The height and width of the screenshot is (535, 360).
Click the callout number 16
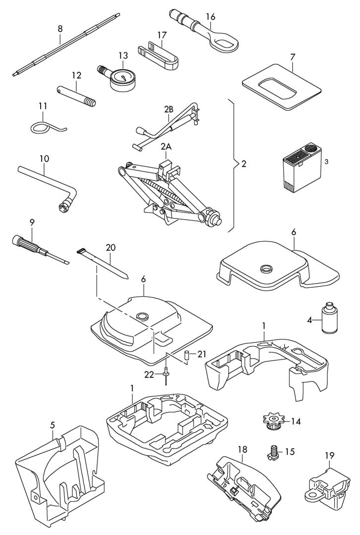pos(210,16)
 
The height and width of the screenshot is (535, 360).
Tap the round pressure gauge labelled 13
pos(123,79)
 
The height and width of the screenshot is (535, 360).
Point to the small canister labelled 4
pos(329,318)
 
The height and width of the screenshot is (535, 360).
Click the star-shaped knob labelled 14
pos(273,422)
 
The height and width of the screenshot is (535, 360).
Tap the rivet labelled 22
pos(166,375)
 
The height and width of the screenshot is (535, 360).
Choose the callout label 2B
pos(168,109)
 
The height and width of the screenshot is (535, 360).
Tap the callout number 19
pos(330,455)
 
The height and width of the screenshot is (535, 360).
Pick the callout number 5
pos(52,425)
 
